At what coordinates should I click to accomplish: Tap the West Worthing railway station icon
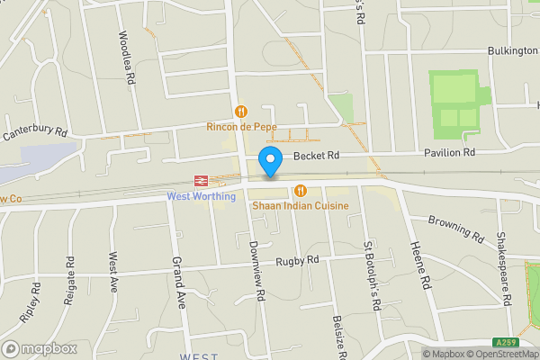(x=199, y=180)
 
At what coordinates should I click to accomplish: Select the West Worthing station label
(x=202, y=196)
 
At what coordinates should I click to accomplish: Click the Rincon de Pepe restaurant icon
(x=240, y=112)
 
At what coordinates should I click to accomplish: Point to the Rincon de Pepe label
(x=241, y=127)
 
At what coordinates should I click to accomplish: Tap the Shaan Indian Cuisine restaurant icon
(x=300, y=190)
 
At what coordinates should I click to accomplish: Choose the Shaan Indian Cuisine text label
(x=300, y=206)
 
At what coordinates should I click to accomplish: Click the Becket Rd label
(x=319, y=155)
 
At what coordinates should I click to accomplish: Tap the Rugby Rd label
(x=300, y=260)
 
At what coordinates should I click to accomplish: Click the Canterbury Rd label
(x=35, y=133)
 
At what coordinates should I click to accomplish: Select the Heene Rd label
(x=418, y=261)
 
